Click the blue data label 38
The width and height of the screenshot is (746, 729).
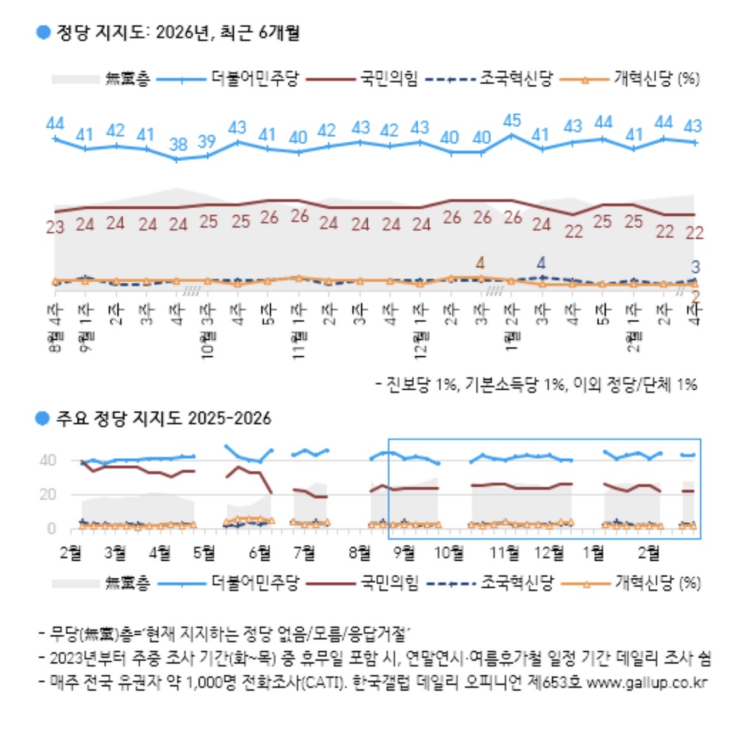[x=178, y=144]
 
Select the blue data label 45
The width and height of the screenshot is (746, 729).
[x=511, y=120]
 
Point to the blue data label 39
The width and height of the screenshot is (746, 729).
[x=207, y=141]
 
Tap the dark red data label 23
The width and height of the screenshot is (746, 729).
[x=55, y=227]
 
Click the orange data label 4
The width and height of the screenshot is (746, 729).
[x=480, y=262]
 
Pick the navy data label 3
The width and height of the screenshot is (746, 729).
[x=695, y=266]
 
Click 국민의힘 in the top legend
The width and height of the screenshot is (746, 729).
[x=389, y=78]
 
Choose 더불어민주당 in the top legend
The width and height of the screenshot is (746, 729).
[x=254, y=78]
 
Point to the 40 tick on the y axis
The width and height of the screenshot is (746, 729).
[x=47, y=460]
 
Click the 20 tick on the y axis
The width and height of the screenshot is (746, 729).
[x=47, y=494]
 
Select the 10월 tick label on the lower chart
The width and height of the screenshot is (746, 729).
[x=448, y=553]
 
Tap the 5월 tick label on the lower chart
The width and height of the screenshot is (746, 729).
[x=204, y=553]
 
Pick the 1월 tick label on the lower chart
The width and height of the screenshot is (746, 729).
[x=593, y=553]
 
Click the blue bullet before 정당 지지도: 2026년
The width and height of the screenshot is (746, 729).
[x=43, y=32]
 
